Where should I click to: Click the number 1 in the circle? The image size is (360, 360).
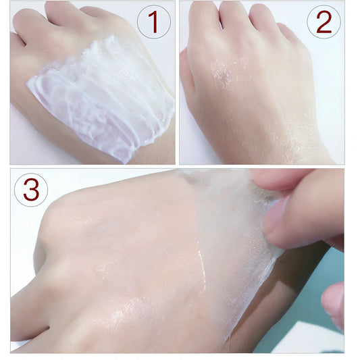154,22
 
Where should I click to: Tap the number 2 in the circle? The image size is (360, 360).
324,22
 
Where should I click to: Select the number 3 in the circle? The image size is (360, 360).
31,190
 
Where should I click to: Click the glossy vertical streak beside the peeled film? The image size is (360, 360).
202,269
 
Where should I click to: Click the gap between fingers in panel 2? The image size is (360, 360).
222,24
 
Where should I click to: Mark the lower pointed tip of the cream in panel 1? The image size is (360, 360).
124,163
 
